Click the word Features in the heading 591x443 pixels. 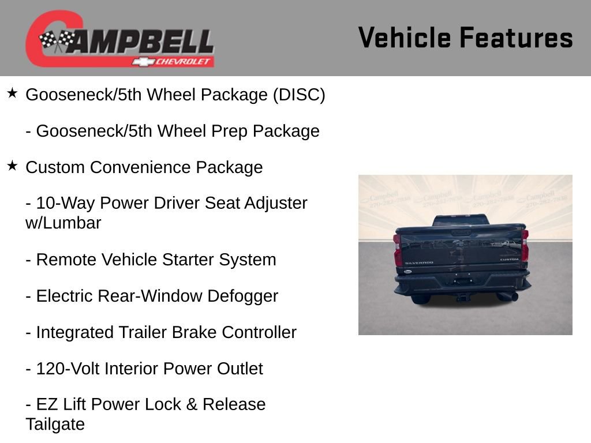[x=516, y=37]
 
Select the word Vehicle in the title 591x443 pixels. [x=405, y=37]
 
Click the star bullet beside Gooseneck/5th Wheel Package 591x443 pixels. [x=12, y=93]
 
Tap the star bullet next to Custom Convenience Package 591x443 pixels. [x=12, y=166]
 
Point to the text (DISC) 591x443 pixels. [x=299, y=95]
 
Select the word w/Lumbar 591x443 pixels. [x=63, y=223]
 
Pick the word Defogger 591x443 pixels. [x=242, y=296]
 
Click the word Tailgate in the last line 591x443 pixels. [x=55, y=425]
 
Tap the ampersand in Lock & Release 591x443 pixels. [x=192, y=404]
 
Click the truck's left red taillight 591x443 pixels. [x=397, y=249]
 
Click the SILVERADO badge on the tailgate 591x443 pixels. [x=419, y=263]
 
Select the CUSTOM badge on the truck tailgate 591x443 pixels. [x=509, y=260]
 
